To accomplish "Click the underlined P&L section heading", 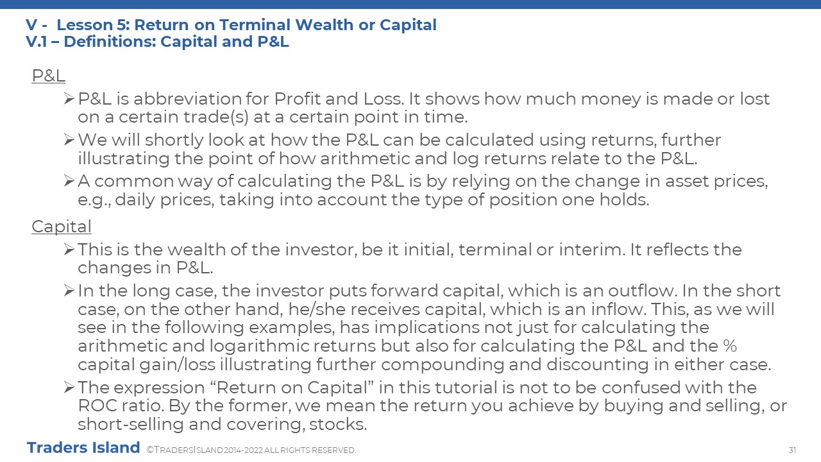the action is (x=48, y=76).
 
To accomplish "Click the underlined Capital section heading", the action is (x=62, y=227).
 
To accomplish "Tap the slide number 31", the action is (x=792, y=450).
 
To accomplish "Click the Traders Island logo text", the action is (x=83, y=448).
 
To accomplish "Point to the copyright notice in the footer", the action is (x=251, y=450).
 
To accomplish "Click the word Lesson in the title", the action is (x=85, y=25).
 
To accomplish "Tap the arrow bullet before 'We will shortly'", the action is (x=69, y=139).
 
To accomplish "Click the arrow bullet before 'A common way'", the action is (x=69, y=180).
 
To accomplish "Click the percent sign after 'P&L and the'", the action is (x=730, y=346).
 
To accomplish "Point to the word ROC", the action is (x=97, y=406).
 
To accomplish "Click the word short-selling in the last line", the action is (x=130, y=425).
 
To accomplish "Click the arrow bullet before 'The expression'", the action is (x=69, y=387).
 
